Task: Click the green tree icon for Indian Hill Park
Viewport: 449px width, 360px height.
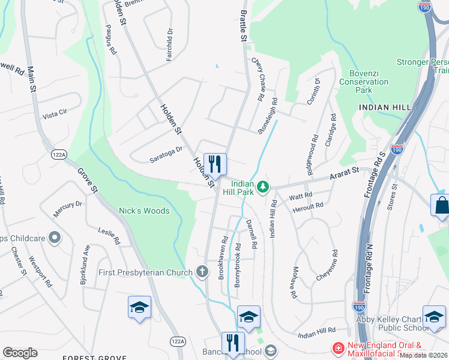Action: pos(262,188)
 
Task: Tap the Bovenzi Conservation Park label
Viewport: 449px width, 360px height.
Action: pos(364,82)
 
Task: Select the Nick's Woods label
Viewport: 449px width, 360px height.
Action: pos(144,211)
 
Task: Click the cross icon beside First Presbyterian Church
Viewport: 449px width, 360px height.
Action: pos(203,272)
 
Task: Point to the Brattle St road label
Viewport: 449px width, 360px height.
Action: pos(244,26)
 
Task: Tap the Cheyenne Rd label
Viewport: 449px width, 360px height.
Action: pos(327,266)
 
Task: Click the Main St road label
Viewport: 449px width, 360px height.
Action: pos(31,79)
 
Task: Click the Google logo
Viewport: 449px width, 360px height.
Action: pos(20,353)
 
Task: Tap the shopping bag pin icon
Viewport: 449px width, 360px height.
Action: pos(441,205)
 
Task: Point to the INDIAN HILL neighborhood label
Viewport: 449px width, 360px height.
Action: pos(385,107)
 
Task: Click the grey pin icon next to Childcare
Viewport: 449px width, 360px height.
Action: pos(54,238)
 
